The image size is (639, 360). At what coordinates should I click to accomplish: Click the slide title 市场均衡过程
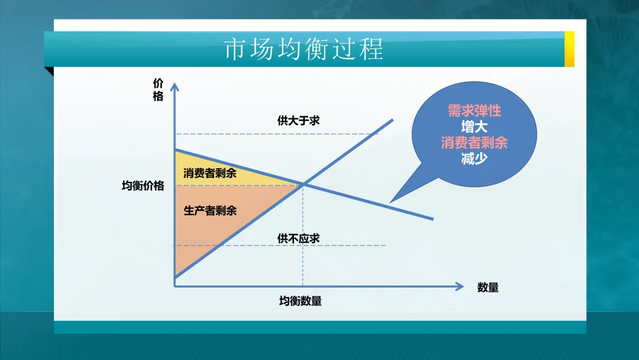[x=304, y=50]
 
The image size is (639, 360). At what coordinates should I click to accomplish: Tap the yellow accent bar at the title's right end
[x=569, y=49]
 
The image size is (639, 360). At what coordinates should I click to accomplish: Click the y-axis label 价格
[x=158, y=90]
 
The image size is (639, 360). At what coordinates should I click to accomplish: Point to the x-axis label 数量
[x=488, y=288]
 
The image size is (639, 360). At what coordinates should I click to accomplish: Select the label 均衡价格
[x=143, y=186]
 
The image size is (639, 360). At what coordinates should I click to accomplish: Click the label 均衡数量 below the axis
[x=301, y=301]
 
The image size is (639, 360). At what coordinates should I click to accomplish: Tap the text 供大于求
[x=298, y=120]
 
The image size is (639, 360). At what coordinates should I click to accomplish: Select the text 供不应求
[x=298, y=238]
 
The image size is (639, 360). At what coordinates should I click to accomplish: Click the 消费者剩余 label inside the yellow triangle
[x=209, y=173]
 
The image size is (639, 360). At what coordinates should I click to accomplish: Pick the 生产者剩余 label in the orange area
[x=209, y=210]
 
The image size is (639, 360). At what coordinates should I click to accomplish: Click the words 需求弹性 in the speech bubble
[x=474, y=111]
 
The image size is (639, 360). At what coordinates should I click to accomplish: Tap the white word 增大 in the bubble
[x=474, y=127]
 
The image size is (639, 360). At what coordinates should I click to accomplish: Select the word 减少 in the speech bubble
[x=474, y=159]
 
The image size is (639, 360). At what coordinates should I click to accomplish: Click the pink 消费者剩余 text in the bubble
[x=474, y=143]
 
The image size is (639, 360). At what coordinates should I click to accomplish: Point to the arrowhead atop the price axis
[x=175, y=86]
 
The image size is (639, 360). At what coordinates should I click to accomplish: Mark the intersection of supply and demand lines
[x=303, y=185]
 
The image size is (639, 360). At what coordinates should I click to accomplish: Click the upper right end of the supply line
[x=392, y=121]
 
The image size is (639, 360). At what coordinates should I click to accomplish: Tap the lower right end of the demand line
[x=432, y=218]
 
